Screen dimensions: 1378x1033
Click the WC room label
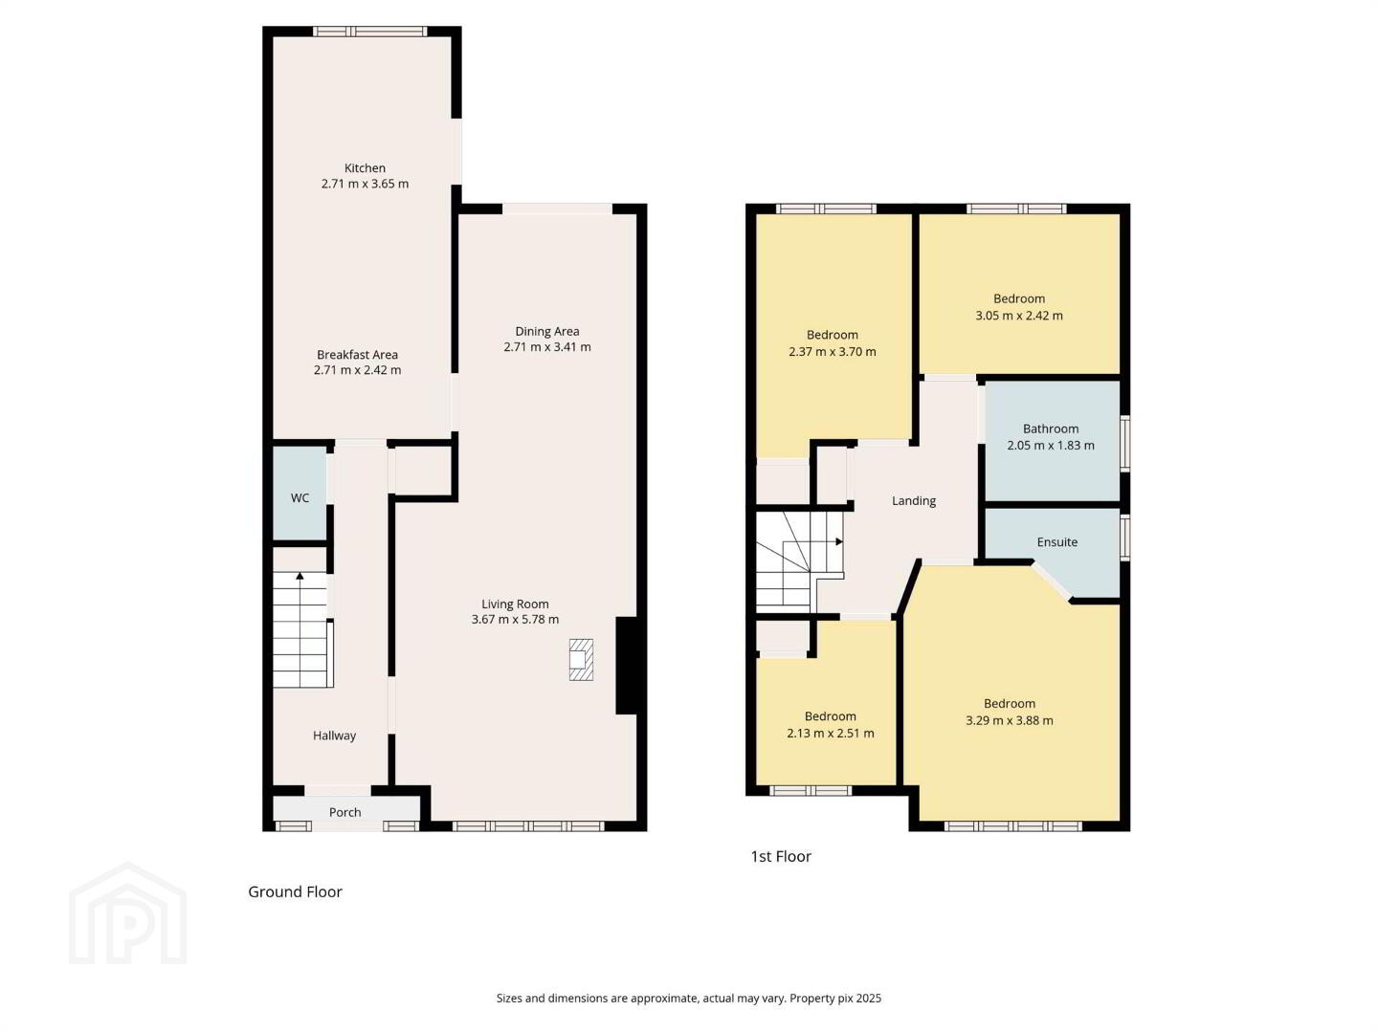(x=300, y=498)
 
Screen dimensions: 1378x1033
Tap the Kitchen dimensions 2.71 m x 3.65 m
(x=365, y=184)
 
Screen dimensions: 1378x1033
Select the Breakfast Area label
(x=357, y=354)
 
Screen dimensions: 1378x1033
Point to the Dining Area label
(x=546, y=331)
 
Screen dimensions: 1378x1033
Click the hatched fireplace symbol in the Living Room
(x=581, y=659)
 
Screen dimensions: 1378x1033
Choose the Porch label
(x=344, y=812)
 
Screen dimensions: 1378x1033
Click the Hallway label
(x=334, y=736)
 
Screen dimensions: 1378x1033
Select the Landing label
(x=914, y=500)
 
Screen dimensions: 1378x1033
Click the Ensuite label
(x=1057, y=542)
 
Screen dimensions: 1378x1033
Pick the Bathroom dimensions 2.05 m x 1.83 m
(x=1051, y=446)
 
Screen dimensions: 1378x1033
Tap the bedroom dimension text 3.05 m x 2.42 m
(x=1019, y=316)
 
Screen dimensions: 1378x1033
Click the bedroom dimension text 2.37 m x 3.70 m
(x=832, y=352)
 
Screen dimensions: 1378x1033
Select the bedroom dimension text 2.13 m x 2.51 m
(x=830, y=734)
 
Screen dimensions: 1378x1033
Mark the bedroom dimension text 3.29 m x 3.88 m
(x=1009, y=720)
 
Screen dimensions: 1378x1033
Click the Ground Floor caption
(x=295, y=891)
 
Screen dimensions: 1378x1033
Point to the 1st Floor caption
(x=780, y=856)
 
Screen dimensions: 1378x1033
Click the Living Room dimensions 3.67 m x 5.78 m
(x=515, y=620)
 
